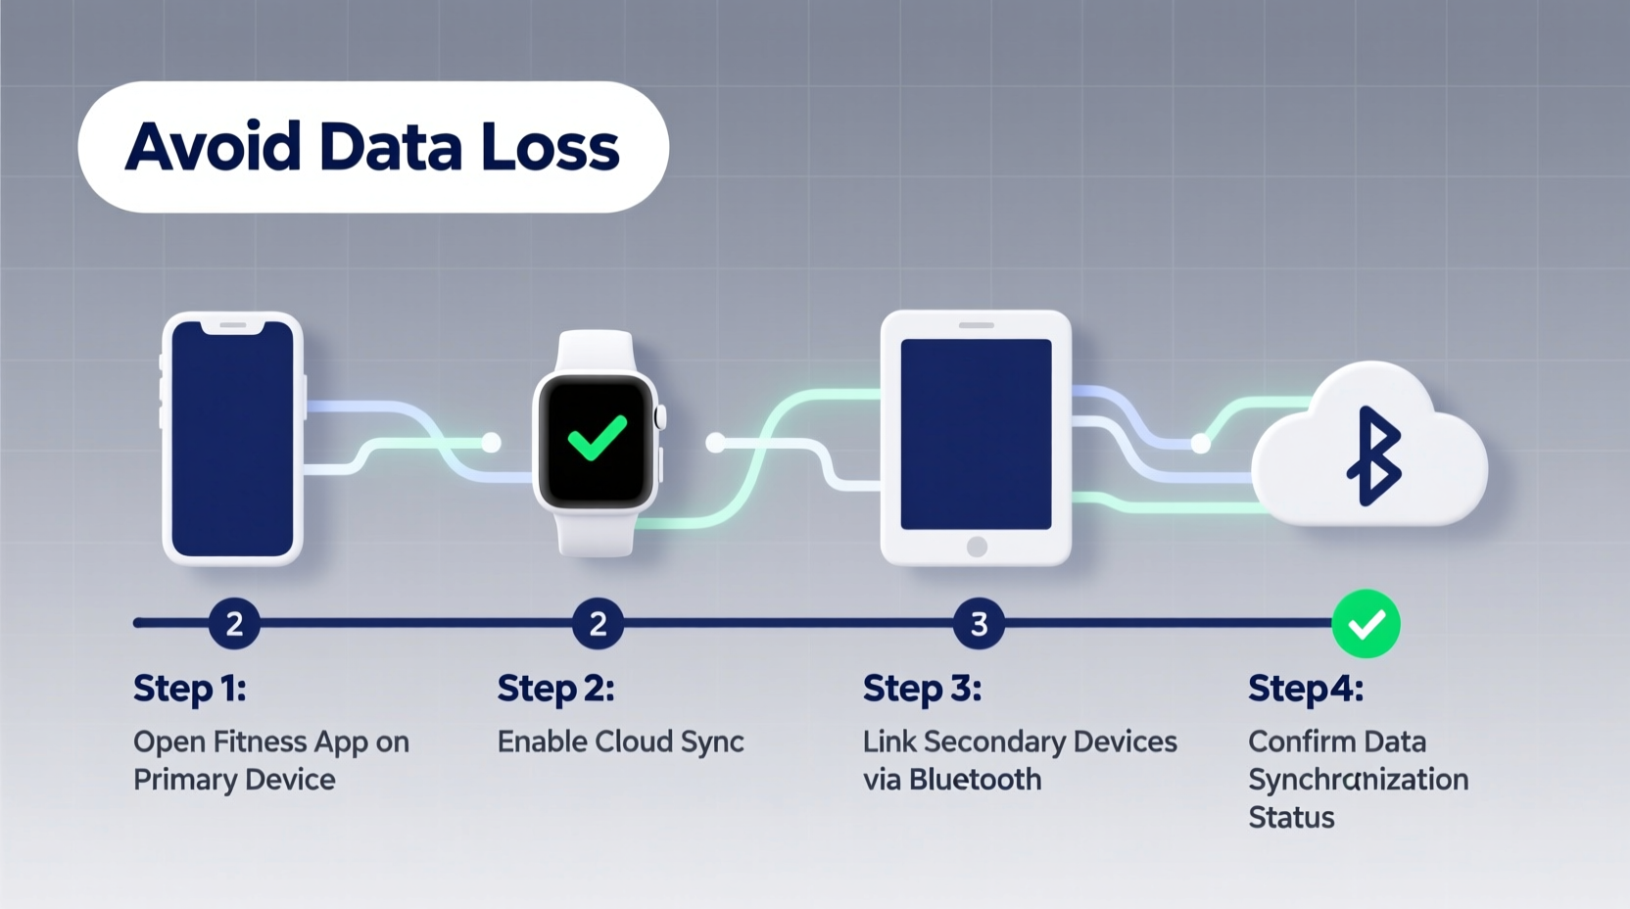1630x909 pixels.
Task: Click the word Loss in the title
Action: pyautogui.click(x=550, y=148)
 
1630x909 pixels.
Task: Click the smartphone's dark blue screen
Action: pyautogui.click(x=232, y=441)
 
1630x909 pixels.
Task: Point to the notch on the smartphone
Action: pyautogui.click(x=232, y=326)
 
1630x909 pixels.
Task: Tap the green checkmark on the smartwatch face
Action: pyautogui.click(x=597, y=438)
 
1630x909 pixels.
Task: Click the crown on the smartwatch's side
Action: pyautogui.click(x=660, y=417)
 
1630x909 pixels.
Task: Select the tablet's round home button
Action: pyautogui.click(x=977, y=547)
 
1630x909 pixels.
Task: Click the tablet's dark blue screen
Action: pyautogui.click(x=976, y=433)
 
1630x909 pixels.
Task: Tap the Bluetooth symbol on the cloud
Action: pyautogui.click(x=1373, y=455)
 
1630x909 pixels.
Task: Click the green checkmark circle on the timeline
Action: pyautogui.click(x=1366, y=624)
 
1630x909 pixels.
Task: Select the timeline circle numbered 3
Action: pyautogui.click(x=979, y=624)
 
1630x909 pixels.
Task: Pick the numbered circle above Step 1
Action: pyautogui.click(x=234, y=624)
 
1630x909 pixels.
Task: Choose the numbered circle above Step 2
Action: pyautogui.click(x=598, y=624)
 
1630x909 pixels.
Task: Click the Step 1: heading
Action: pyautogui.click(x=189, y=689)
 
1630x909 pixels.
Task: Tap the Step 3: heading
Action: pyautogui.click(x=922, y=689)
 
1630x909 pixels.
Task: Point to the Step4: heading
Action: pyautogui.click(x=1305, y=689)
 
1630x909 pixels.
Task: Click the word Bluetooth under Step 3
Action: pyautogui.click(x=975, y=780)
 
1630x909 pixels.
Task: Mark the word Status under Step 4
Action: pyautogui.click(x=1291, y=818)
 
